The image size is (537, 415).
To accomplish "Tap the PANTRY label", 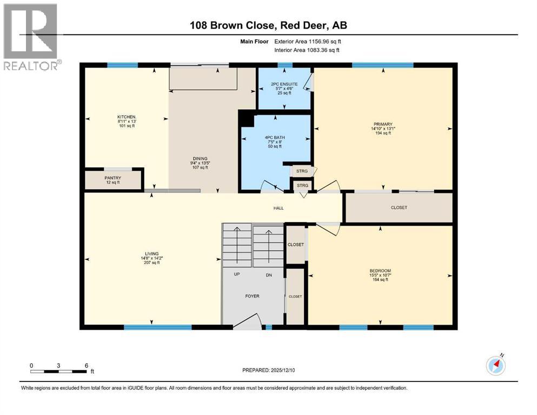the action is [112, 178].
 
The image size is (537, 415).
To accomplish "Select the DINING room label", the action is [200, 158].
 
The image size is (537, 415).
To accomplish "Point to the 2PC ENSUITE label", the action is [284, 84].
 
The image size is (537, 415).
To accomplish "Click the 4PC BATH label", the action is [275, 138].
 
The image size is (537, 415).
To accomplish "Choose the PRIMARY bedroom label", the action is [383, 124].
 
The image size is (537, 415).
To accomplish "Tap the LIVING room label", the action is [152, 254].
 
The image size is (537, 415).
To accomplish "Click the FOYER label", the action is [252, 296].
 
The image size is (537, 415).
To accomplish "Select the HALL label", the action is [279, 208].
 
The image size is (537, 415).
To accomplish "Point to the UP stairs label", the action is [237, 274].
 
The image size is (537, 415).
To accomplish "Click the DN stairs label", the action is [269, 275].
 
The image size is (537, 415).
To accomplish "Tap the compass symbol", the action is [496, 365].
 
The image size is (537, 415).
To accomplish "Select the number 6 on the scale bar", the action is [87, 365].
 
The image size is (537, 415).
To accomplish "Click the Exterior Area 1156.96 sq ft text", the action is [308, 42].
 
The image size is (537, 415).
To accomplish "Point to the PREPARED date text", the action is [268, 370].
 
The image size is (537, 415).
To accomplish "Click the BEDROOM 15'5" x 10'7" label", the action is [380, 275].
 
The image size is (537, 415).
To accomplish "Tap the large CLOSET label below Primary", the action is [399, 207].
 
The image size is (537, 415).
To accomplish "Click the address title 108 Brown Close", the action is [232, 25].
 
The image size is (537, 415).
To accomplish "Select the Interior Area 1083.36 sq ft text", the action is [307, 50].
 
